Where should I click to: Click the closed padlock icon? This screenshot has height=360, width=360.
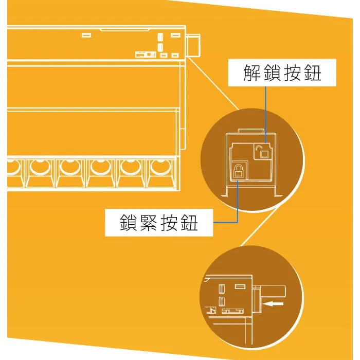[238, 171]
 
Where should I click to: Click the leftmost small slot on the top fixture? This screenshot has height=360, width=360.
[85, 35]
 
